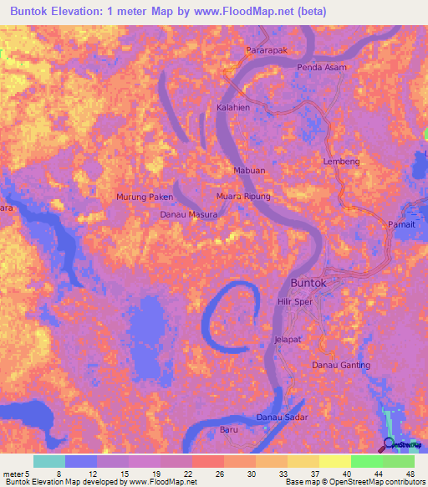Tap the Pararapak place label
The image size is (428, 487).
266,51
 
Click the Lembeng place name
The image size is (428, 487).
341,161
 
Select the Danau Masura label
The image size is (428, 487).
189,215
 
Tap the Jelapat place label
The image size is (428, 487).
287,340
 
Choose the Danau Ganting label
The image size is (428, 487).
340,366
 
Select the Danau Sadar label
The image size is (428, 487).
282,417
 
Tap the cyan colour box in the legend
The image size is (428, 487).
49,461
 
